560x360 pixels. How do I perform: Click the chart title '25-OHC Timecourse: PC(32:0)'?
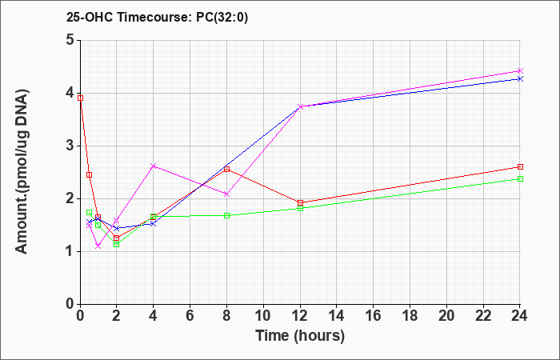(x=157, y=18)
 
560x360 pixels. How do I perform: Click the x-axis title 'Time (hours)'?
(x=300, y=336)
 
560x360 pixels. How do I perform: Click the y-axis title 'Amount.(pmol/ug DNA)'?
(x=22, y=172)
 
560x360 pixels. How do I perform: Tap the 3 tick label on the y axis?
(x=70, y=146)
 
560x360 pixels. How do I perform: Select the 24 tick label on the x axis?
(x=519, y=316)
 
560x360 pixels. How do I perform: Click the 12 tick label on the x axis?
(x=300, y=316)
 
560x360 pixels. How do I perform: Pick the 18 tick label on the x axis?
(x=410, y=316)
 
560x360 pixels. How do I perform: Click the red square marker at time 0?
(x=80, y=98)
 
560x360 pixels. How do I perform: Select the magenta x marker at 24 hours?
(x=520, y=70)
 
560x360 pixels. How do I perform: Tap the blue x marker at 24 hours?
(x=520, y=78)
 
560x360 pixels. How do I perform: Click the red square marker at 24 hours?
(x=520, y=166)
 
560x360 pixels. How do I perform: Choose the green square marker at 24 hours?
(x=520, y=178)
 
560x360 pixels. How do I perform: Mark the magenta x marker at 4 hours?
(x=154, y=166)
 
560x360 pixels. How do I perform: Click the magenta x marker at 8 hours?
(x=226, y=194)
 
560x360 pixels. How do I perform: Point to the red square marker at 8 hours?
(x=226, y=170)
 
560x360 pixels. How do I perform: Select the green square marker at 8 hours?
(x=226, y=215)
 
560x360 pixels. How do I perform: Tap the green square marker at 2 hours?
(x=116, y=244)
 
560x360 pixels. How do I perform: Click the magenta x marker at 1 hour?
(x=98, y=246)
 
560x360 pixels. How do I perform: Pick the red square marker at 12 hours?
(x=300, y=203)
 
